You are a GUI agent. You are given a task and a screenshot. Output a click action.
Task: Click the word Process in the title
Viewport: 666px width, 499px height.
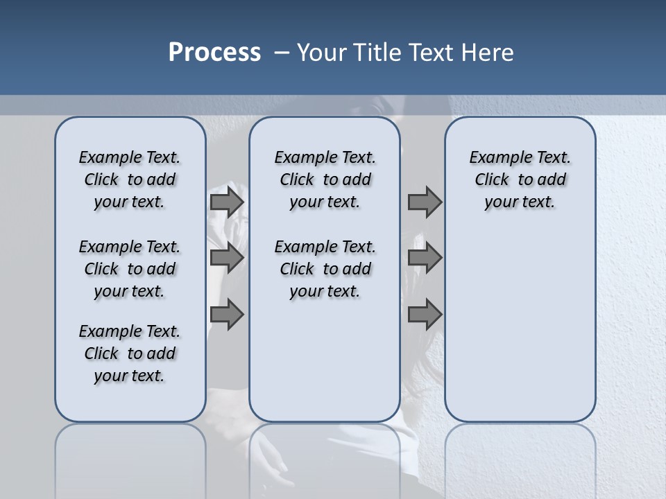[x=214, y=53]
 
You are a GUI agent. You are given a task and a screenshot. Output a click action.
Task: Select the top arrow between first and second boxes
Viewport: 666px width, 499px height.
[x=226, y=202]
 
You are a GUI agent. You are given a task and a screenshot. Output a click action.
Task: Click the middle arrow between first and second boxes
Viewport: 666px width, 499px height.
[x=226, y=258]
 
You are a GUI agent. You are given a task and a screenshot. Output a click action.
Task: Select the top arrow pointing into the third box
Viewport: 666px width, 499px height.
[x=425, y=202]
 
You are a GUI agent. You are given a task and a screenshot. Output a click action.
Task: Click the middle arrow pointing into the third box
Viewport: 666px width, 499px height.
[x=425, y=258]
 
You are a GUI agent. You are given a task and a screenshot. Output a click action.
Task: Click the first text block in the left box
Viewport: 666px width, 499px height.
[x=130, y=180]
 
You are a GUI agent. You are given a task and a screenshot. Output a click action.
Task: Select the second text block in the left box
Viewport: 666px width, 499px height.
[x=130, y=269]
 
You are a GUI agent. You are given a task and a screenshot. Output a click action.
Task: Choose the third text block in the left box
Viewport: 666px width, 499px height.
[x=130, y=353]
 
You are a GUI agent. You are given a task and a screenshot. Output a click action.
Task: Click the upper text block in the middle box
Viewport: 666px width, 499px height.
[x=325, y=180]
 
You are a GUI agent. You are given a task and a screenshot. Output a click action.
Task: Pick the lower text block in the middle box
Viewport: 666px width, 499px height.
[x=325, y=269]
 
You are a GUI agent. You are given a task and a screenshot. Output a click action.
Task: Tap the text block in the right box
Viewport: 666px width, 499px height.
[x=520, y=180]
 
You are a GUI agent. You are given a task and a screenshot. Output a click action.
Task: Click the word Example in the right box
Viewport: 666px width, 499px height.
[x=495, y=158]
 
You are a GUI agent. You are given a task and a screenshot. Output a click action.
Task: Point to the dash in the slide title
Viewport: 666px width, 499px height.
[x=282, y=53]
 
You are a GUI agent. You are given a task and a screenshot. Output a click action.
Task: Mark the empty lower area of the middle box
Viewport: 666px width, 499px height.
[x=325, y=360]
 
